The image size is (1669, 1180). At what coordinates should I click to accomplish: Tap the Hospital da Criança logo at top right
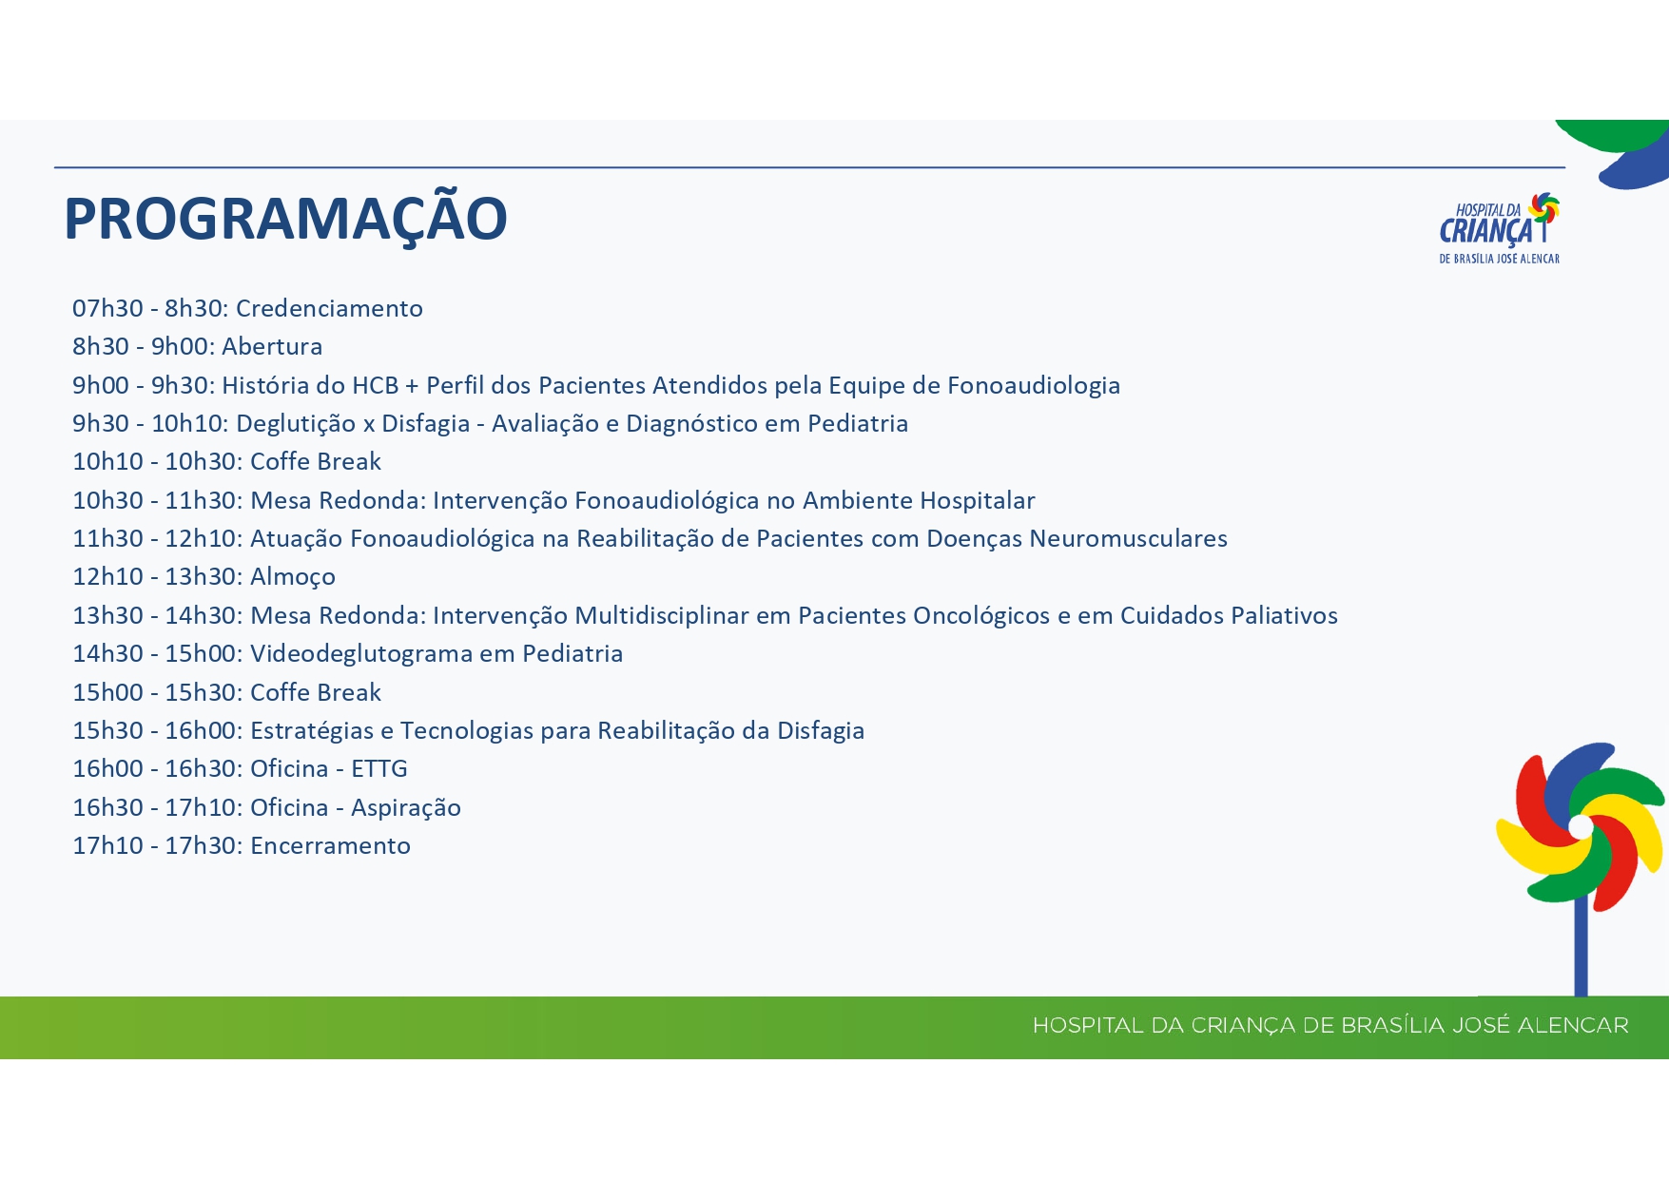1500,228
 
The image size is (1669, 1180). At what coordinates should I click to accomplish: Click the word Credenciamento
329,308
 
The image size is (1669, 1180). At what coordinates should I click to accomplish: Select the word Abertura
272,346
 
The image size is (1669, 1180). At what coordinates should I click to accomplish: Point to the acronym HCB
375,385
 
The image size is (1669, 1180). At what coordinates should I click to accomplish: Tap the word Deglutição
296,424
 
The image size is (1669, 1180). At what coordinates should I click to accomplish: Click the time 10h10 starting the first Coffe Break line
107,461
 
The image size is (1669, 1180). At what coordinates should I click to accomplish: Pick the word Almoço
293,577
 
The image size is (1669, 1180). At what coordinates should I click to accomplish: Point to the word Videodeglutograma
360,654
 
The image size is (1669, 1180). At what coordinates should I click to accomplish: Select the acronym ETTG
379,768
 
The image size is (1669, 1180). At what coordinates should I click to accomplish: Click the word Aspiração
406,808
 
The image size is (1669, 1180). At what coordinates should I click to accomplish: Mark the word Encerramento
330,845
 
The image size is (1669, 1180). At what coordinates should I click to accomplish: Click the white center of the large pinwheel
1581,826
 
